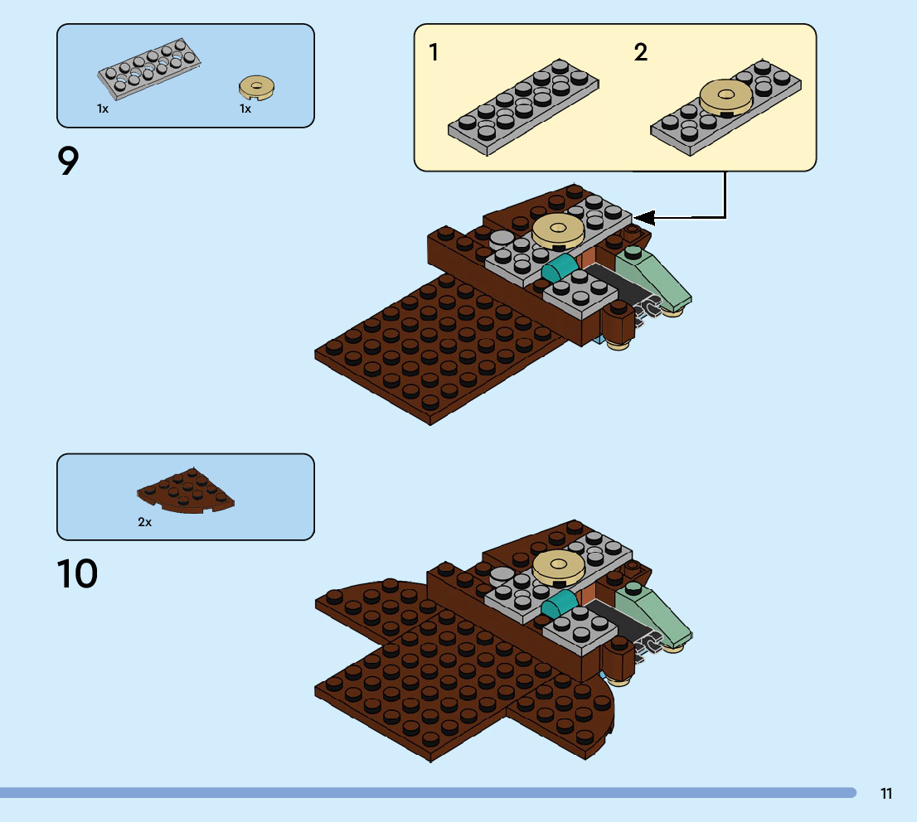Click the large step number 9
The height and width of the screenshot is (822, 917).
pos(69,162)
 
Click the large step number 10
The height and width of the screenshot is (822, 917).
pos(77,574)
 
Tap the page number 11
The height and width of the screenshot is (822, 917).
pos(886,794)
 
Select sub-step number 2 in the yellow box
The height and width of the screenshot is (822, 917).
pos(640,53)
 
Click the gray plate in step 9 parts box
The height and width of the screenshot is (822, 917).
pos(150,67)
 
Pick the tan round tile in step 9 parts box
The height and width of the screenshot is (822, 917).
pos(257,86)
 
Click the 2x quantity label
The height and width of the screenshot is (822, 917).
pos(145,523)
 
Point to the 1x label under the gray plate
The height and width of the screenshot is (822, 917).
pos(103,109)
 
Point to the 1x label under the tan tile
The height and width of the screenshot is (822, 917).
pos(245,109)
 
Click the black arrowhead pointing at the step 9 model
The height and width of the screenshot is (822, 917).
pos(645,218)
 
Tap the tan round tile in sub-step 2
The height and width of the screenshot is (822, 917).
pos(726,98)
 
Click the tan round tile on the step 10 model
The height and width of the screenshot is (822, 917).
pos(559,566)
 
